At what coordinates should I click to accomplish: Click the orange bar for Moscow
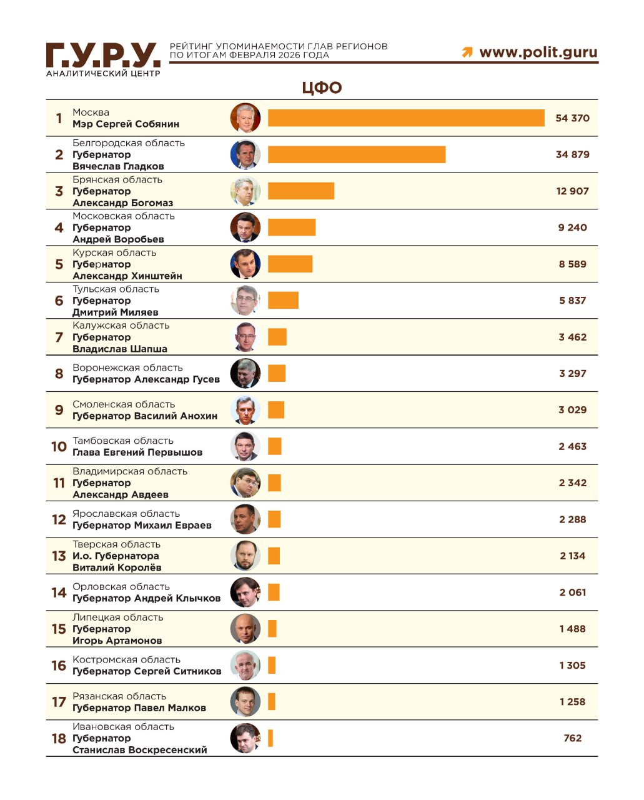coord(406,118)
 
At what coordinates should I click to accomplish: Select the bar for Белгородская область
coord(357,154)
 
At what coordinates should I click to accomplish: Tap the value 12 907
coord(572,191)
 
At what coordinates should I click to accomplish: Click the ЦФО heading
coord(322,87)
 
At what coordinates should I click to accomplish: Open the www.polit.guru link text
coord(538,52)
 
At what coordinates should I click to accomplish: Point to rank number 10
coord(59,447)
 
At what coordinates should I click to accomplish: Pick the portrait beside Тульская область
coord(245,301)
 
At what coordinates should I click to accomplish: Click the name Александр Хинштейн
coord(127,276)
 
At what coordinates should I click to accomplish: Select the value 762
coord(572,738)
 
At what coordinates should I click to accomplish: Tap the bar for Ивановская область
coord(270,738)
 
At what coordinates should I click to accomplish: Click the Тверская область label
coord(116,544)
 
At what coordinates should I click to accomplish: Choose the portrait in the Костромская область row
coord(245,666)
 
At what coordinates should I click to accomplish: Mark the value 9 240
coord(572,227)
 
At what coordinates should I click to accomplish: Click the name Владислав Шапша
coord(120,349)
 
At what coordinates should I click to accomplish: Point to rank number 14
coord(59,592)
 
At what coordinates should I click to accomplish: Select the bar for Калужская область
coord(277,337)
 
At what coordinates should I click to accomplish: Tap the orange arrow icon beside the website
coord(467,52)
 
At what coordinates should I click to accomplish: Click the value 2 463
coord(572,446)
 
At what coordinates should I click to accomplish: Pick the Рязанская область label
coord(119,696)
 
